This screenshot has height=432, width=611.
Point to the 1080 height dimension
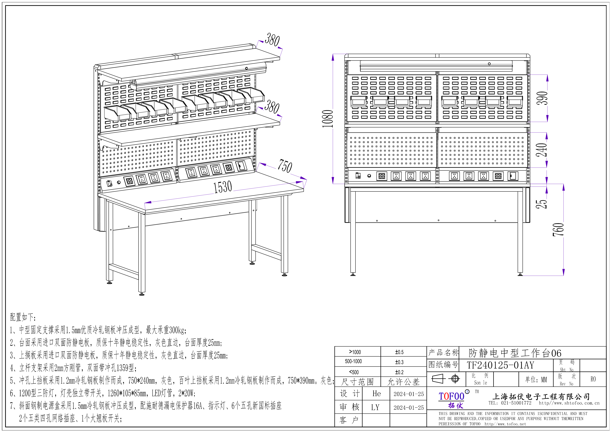328,118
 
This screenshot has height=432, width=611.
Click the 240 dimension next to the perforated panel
542,150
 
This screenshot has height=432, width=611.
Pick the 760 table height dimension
558,230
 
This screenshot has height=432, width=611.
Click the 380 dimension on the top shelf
272,40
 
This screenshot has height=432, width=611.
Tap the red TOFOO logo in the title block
451,396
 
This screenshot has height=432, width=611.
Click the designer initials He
376,394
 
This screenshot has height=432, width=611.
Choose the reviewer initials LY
375,407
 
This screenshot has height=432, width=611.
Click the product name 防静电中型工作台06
515,353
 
